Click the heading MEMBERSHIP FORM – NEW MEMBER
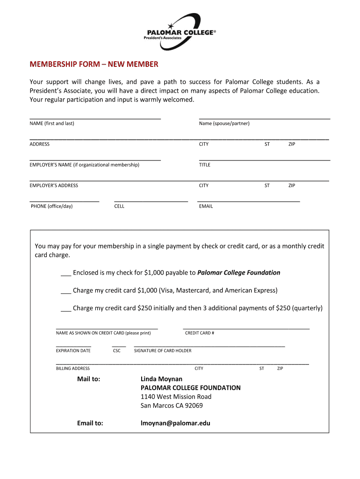[x=94, y=64]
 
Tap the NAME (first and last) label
[x=52, y=123]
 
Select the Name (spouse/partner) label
[x=224, y=123]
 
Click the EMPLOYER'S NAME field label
[x=84, y=165]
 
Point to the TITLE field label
[x=204, y=165]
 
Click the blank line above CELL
[x=151, y=200]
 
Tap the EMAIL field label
[x=206, y=206]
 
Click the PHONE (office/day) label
[x=51, y=206]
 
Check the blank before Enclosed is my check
[x=65, y=273]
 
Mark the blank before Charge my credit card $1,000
[x=65, y=290]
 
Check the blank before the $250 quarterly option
[x=65, y=308]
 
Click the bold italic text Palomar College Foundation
[x=238, y=273]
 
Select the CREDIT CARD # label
[x=200, y=333]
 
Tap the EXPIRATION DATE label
[x=73, y=351]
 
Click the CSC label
[x=117, y=351]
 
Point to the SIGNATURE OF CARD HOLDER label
[x=163, y=351]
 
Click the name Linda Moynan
[x=161, y=379]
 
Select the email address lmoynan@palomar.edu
[x=175, y=423]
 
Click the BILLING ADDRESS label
[x=73, y=369]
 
